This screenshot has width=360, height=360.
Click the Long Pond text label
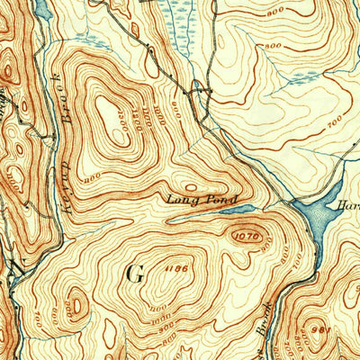(202, 199)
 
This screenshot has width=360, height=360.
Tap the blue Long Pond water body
(238, 211)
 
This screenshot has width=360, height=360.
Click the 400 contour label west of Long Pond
(88, 178)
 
